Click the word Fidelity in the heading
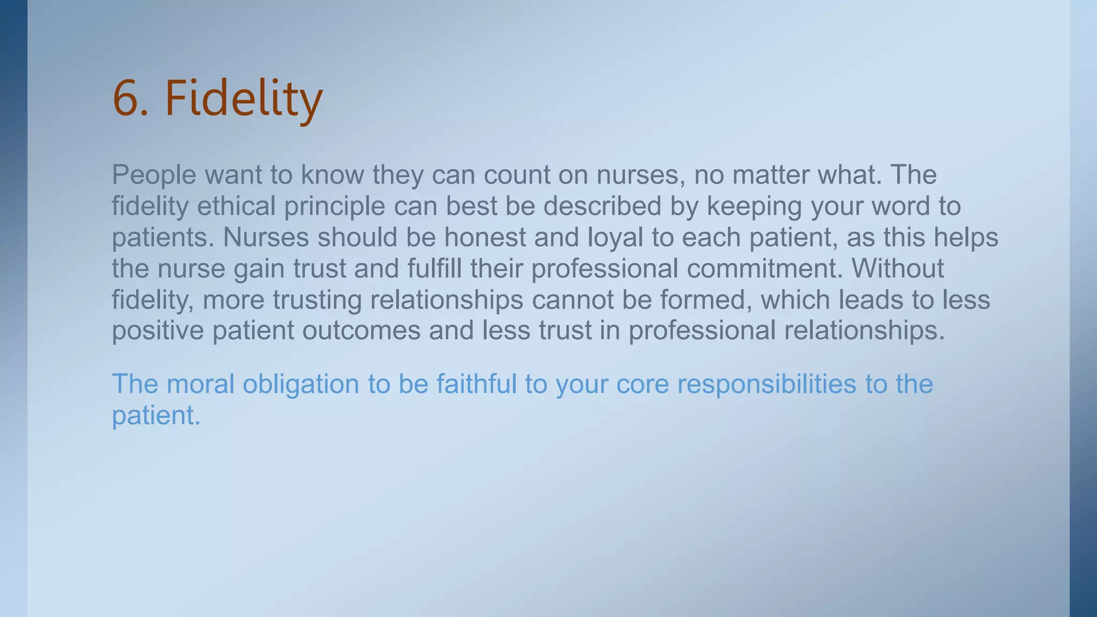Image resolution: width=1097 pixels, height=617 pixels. click(244, 99)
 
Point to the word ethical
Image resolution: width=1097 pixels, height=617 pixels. click(236, 206)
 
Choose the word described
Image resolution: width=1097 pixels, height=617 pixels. click(603, 206)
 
